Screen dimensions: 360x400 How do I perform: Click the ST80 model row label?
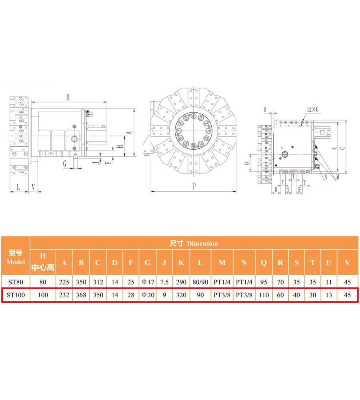(16, 282)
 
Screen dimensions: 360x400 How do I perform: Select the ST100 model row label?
(16, 295)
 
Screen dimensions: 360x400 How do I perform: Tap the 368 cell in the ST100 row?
(81, 295)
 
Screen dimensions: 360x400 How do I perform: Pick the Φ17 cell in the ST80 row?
(148, 282)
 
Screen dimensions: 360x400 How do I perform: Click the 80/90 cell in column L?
(200, 282)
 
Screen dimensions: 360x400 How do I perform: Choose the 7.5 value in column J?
(164, 282)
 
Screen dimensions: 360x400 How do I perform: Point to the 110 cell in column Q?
(264, 295)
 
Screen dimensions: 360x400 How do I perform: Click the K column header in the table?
(181, 262)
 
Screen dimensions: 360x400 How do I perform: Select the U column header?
(329, 262)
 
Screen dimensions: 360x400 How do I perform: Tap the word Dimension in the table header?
(202, 243)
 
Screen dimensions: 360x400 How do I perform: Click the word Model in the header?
(16, 262)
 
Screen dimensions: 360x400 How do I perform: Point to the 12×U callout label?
(313, 110)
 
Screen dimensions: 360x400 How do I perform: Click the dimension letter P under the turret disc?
(194, 186)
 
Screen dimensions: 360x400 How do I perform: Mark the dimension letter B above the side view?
(68, 97)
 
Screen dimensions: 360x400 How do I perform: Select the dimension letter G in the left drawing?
(65, 163)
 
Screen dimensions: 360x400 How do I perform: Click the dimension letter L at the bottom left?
(18, 187)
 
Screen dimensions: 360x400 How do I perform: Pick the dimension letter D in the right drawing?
(265, 110)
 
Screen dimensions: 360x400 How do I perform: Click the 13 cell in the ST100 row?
(329, 295)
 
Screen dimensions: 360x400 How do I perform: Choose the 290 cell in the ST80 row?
(181, 282)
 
